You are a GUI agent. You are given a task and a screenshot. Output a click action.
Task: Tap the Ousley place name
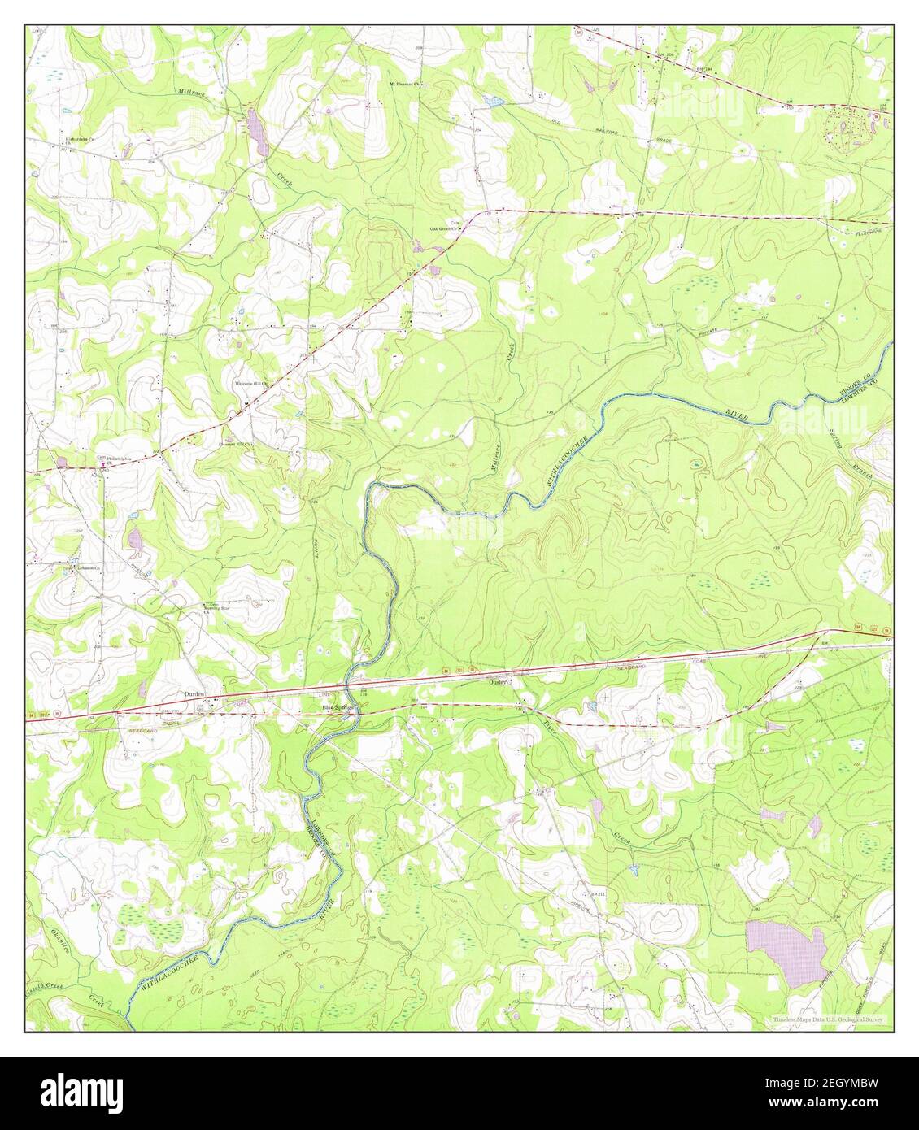(498, 682)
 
